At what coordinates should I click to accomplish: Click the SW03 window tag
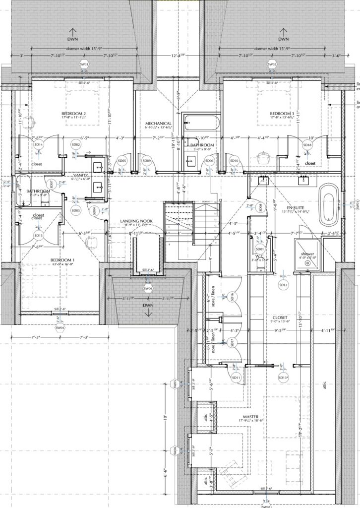point(84,64)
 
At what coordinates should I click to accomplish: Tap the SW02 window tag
point(272,64)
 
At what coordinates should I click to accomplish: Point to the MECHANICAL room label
point(158,124)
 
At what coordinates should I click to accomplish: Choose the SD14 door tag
point(38,144)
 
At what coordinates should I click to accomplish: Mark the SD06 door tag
point(209,161)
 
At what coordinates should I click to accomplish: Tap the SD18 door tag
point(307,145)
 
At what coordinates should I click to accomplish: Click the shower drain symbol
point(307,263)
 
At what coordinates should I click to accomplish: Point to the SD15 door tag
point(38,235)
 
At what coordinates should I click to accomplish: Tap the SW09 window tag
point(148,288)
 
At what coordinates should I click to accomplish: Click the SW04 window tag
point(60,327)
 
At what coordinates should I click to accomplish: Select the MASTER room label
point(251,417)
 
